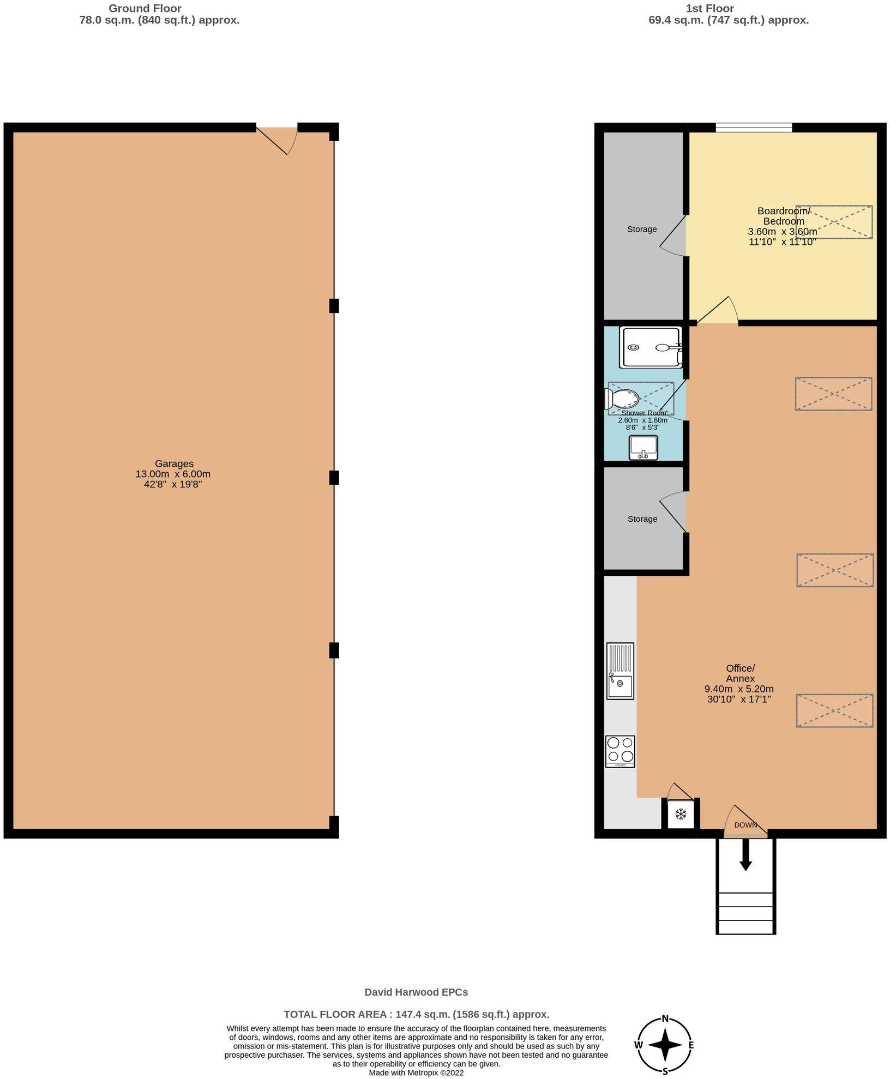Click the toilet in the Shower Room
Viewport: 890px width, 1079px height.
point(622,399)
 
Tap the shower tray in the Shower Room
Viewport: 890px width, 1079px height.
point(650,347)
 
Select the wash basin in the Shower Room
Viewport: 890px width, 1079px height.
point(644,448)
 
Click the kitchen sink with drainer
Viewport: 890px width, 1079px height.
point(620,671)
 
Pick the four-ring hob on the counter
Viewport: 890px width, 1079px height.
point(620,751)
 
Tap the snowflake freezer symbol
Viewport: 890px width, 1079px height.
point(681,815)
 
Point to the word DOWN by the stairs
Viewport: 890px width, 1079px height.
point(745,825)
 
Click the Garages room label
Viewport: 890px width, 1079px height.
point(173,464)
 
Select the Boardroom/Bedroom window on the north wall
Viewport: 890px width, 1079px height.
point(754,128)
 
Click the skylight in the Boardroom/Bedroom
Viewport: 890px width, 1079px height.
point(834,222)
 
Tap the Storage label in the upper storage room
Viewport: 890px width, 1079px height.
point(642,230)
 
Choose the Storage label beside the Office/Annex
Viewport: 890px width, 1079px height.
point(642,519)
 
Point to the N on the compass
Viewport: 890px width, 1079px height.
point(665,1017)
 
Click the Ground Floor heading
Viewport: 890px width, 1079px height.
point(145,8)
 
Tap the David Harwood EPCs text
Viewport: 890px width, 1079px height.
point(416,992)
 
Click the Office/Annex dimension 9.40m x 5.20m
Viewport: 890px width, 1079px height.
point(739,689)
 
